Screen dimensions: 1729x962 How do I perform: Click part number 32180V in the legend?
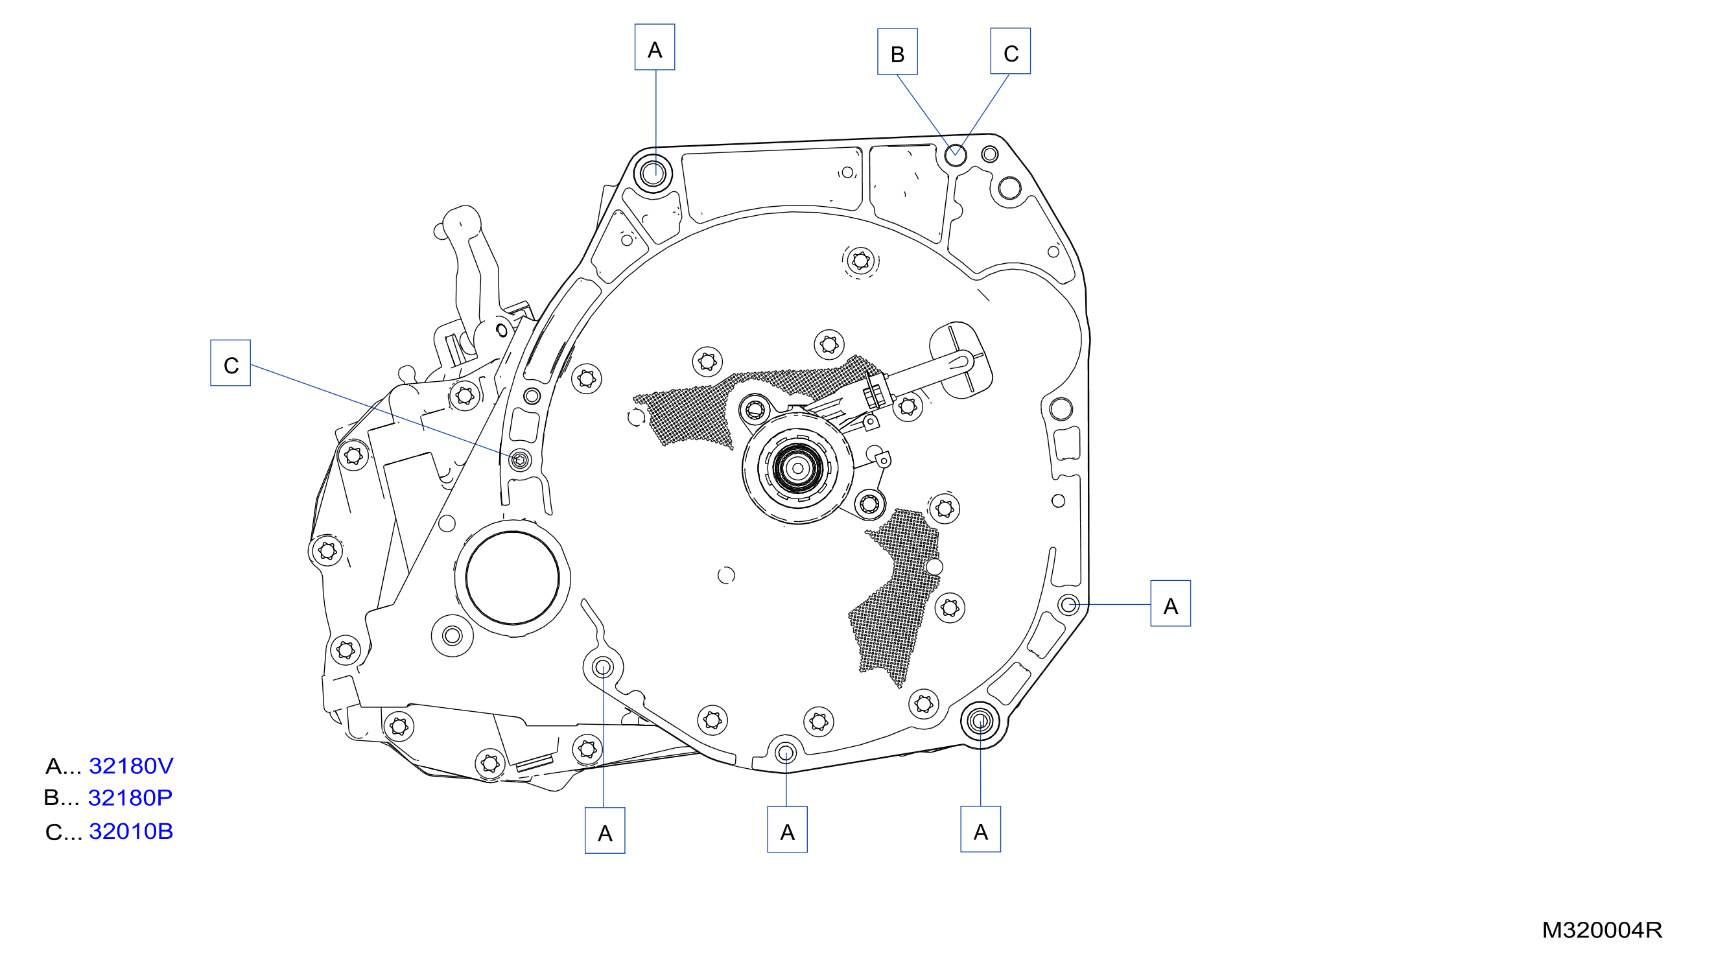pyautogui.click(x=131, y=766)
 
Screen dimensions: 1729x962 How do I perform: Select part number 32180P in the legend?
pyautogui.click(x=130, y=797)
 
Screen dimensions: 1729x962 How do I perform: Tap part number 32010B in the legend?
pyautogui.click(x=131, y=831)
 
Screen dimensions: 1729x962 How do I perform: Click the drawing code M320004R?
pyautogui.click(x=1601, y=930)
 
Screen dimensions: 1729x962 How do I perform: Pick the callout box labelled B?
pyautogui.click(x=897, y=52)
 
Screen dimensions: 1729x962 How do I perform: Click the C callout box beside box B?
pyautogui.click(x=1011, y=51)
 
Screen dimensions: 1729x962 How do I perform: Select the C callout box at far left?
pyautogui.click(x=231, y=362)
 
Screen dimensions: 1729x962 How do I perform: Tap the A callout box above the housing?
pyautogui.click(x=655, y=47)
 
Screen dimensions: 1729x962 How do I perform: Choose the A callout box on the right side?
pyautogui.click(x=1171, y=604)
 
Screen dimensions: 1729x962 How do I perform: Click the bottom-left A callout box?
pyautogui.click(x=605, y=830)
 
